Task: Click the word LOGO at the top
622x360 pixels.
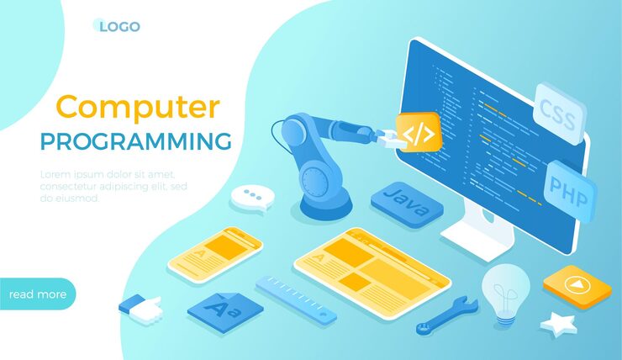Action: (119, 26)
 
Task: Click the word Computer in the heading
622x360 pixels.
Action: (138, 108)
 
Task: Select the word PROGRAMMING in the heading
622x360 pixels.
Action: (136, 140)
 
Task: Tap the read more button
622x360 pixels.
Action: (37, 294)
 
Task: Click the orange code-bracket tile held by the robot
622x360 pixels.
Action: (419, 132)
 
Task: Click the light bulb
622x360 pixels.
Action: (504, 291)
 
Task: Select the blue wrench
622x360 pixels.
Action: (446, 315)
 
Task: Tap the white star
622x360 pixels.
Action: (558, 323)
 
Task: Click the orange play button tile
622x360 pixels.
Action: (577, 287)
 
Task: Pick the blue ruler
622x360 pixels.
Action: (296, 299)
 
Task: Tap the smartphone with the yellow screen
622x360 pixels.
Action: (214, 251)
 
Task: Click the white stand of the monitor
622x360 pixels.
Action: (477, 233)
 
